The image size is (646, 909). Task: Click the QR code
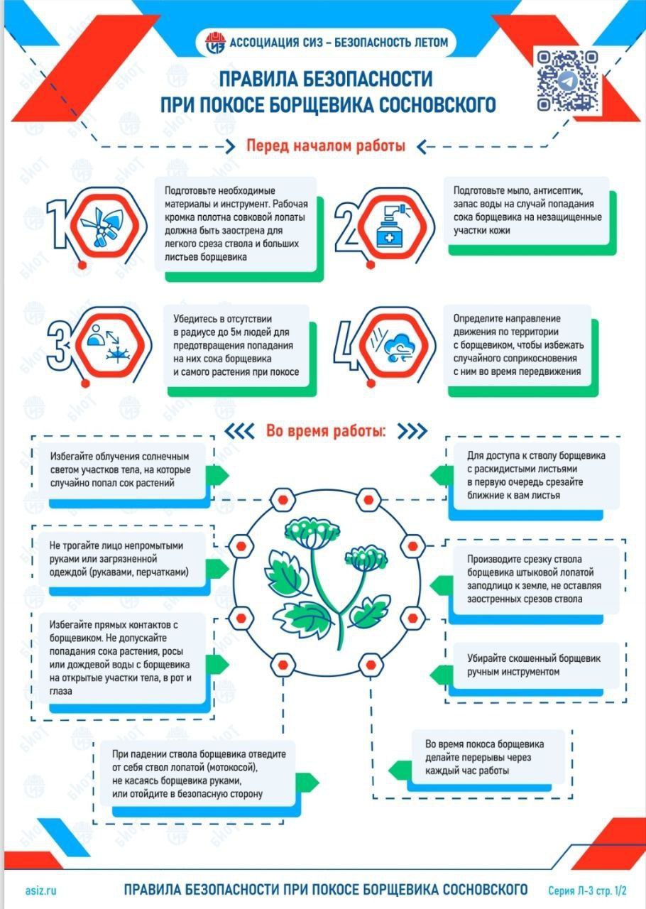[568, 81]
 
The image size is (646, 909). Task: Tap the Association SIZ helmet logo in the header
[215, 43]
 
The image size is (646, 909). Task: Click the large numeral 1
[56, 224]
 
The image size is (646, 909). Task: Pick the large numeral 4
[347, 345]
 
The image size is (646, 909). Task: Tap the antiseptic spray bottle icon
[392, 226]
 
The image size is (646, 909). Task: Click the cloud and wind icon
[393, 346]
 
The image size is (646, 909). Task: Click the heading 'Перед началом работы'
[326, 146]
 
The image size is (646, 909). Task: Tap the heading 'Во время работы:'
[326, 431]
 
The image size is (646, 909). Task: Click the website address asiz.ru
[41, 890]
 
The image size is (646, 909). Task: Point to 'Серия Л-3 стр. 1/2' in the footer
[587, 891]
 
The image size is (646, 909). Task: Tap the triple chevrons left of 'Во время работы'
[239, 431]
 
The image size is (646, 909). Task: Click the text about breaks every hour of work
[484, 757]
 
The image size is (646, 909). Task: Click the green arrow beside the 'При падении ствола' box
[307, 780]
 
